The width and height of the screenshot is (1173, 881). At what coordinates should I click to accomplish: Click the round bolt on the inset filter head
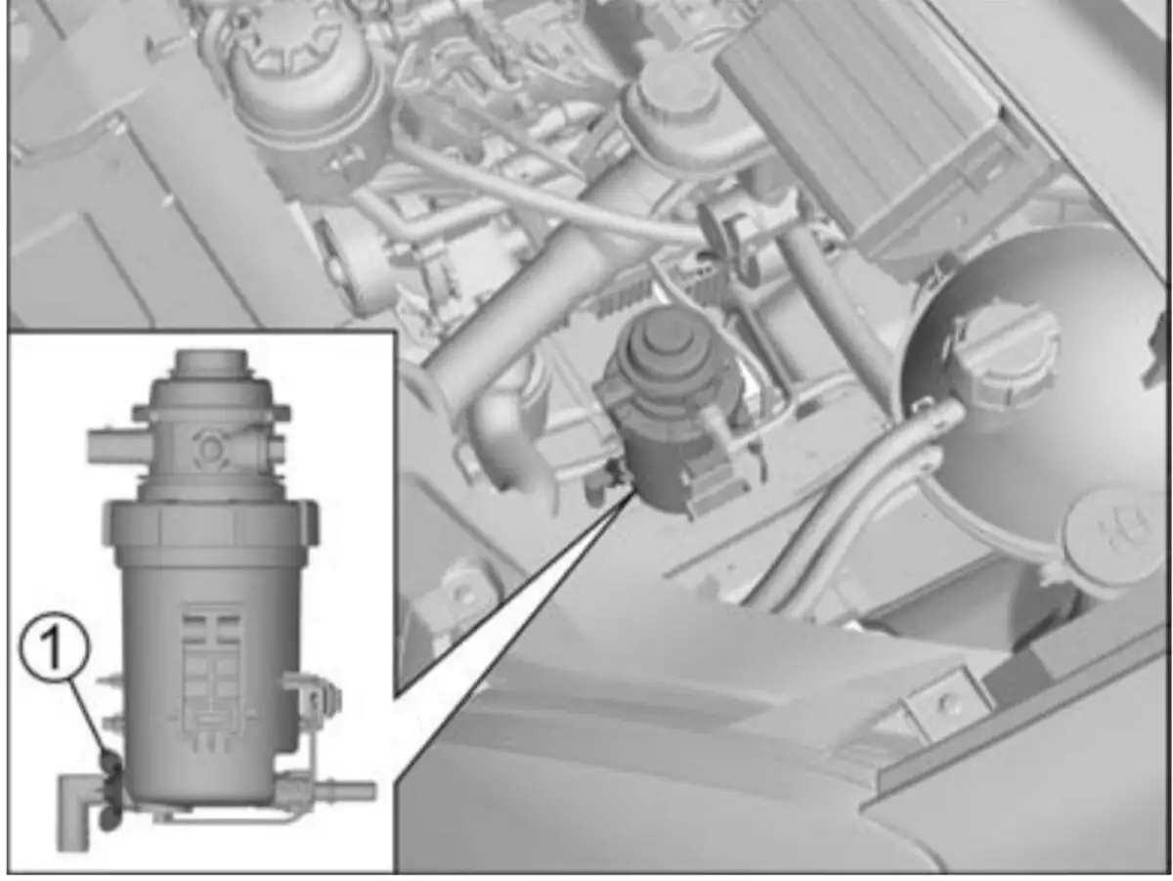(207, 448)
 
